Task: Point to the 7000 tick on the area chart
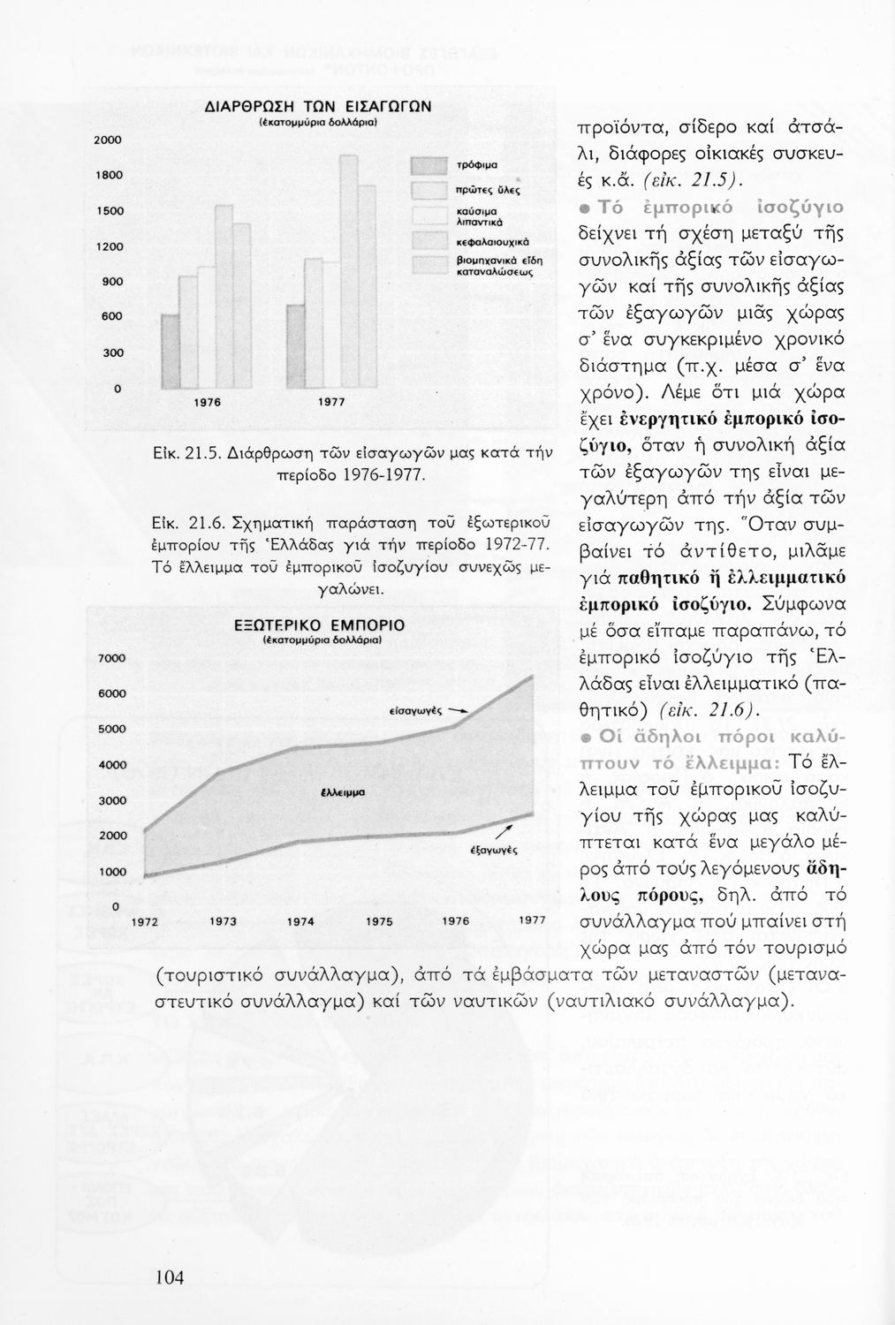point(110,658)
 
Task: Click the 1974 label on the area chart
point(301,920)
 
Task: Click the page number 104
point(170,1276)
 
